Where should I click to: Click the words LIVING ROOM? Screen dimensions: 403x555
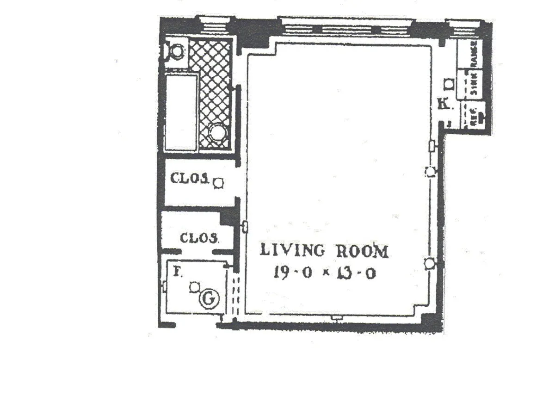pos(324,251)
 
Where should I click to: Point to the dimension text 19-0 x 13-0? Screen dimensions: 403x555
pos(324,273)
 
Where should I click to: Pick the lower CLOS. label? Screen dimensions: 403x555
pos(199,238)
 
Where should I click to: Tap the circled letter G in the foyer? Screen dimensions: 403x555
pos(209,300)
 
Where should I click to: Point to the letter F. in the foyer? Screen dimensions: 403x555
pos(176,272)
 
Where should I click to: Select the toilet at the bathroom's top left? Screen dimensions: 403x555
pos(176,51)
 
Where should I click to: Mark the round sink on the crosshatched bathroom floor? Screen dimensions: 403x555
pos(217,133)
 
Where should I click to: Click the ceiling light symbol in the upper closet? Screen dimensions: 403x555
pos(218,184)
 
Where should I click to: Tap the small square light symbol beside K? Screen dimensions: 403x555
pos(448,84)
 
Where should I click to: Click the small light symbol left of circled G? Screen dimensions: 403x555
pos(194,287)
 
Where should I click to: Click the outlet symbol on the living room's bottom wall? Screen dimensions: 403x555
pos(337,317)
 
